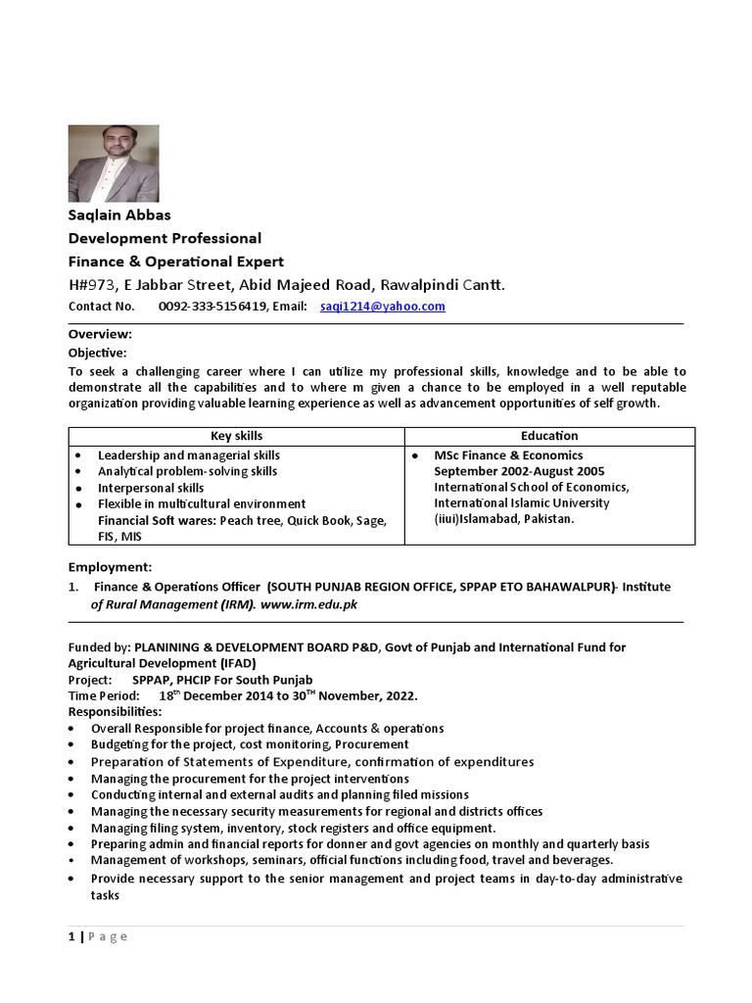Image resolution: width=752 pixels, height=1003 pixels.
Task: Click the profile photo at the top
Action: [113, 164]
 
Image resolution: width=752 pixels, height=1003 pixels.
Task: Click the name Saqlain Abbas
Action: [119, 215]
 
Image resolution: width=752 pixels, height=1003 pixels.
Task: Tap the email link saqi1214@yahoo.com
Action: [382, 307]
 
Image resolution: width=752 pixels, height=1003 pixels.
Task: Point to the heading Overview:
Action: [100, 334]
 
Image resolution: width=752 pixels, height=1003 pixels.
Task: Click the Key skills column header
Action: [237, 436]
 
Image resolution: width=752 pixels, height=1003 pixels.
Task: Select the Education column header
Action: [549, 436]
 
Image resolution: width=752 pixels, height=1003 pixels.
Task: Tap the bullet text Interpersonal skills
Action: [151, 488]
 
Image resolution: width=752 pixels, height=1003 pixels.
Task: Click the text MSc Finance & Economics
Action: [508, 455]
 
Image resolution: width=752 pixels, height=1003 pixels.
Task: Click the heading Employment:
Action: [110, 567]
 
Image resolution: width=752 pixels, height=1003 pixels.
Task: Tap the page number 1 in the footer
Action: [71, 936]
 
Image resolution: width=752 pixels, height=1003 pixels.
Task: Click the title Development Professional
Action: [164, 238]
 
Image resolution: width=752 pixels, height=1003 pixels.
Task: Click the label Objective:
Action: [97, 353]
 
